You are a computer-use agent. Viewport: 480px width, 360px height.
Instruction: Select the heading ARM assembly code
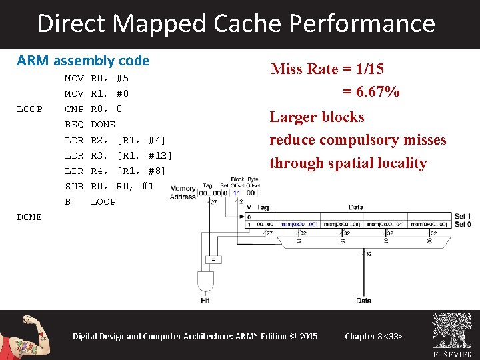pyautogui.click(x=83, y=61)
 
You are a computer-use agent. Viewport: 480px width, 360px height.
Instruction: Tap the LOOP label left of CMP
pyautogui.click(x=29, y=109)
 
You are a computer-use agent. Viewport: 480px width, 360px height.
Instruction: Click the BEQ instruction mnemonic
pyautogui.click(x=73, y=124)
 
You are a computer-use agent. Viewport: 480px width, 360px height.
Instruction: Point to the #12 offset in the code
pyautogui.click(x=160, y=155)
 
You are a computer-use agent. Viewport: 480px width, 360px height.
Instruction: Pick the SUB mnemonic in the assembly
pyautogui.click(x=73, y=186)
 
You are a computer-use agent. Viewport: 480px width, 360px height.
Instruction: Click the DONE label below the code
pyautogui.click(x=29, y=217)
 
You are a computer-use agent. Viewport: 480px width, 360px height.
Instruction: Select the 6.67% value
pyautogui.click(x=371, y=92)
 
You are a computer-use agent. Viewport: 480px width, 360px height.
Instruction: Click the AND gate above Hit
pyautogui.click(x=205, y=279)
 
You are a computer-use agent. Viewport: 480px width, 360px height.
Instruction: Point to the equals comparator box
pyautogui.click(x=213, y=258)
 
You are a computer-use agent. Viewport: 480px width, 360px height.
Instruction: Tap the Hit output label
pyautogui.click(x=205, y=301)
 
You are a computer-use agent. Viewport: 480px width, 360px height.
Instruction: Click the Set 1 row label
pyautogui.click(x=462, y=217)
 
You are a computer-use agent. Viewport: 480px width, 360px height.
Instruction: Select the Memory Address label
pyautogui.click(x=183, y=193)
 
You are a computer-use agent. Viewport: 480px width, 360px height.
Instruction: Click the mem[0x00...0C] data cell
pyautogui.click(x=301, y=225)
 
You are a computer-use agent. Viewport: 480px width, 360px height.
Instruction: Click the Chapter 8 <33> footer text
pyautogui.click(x=373, y=336)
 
